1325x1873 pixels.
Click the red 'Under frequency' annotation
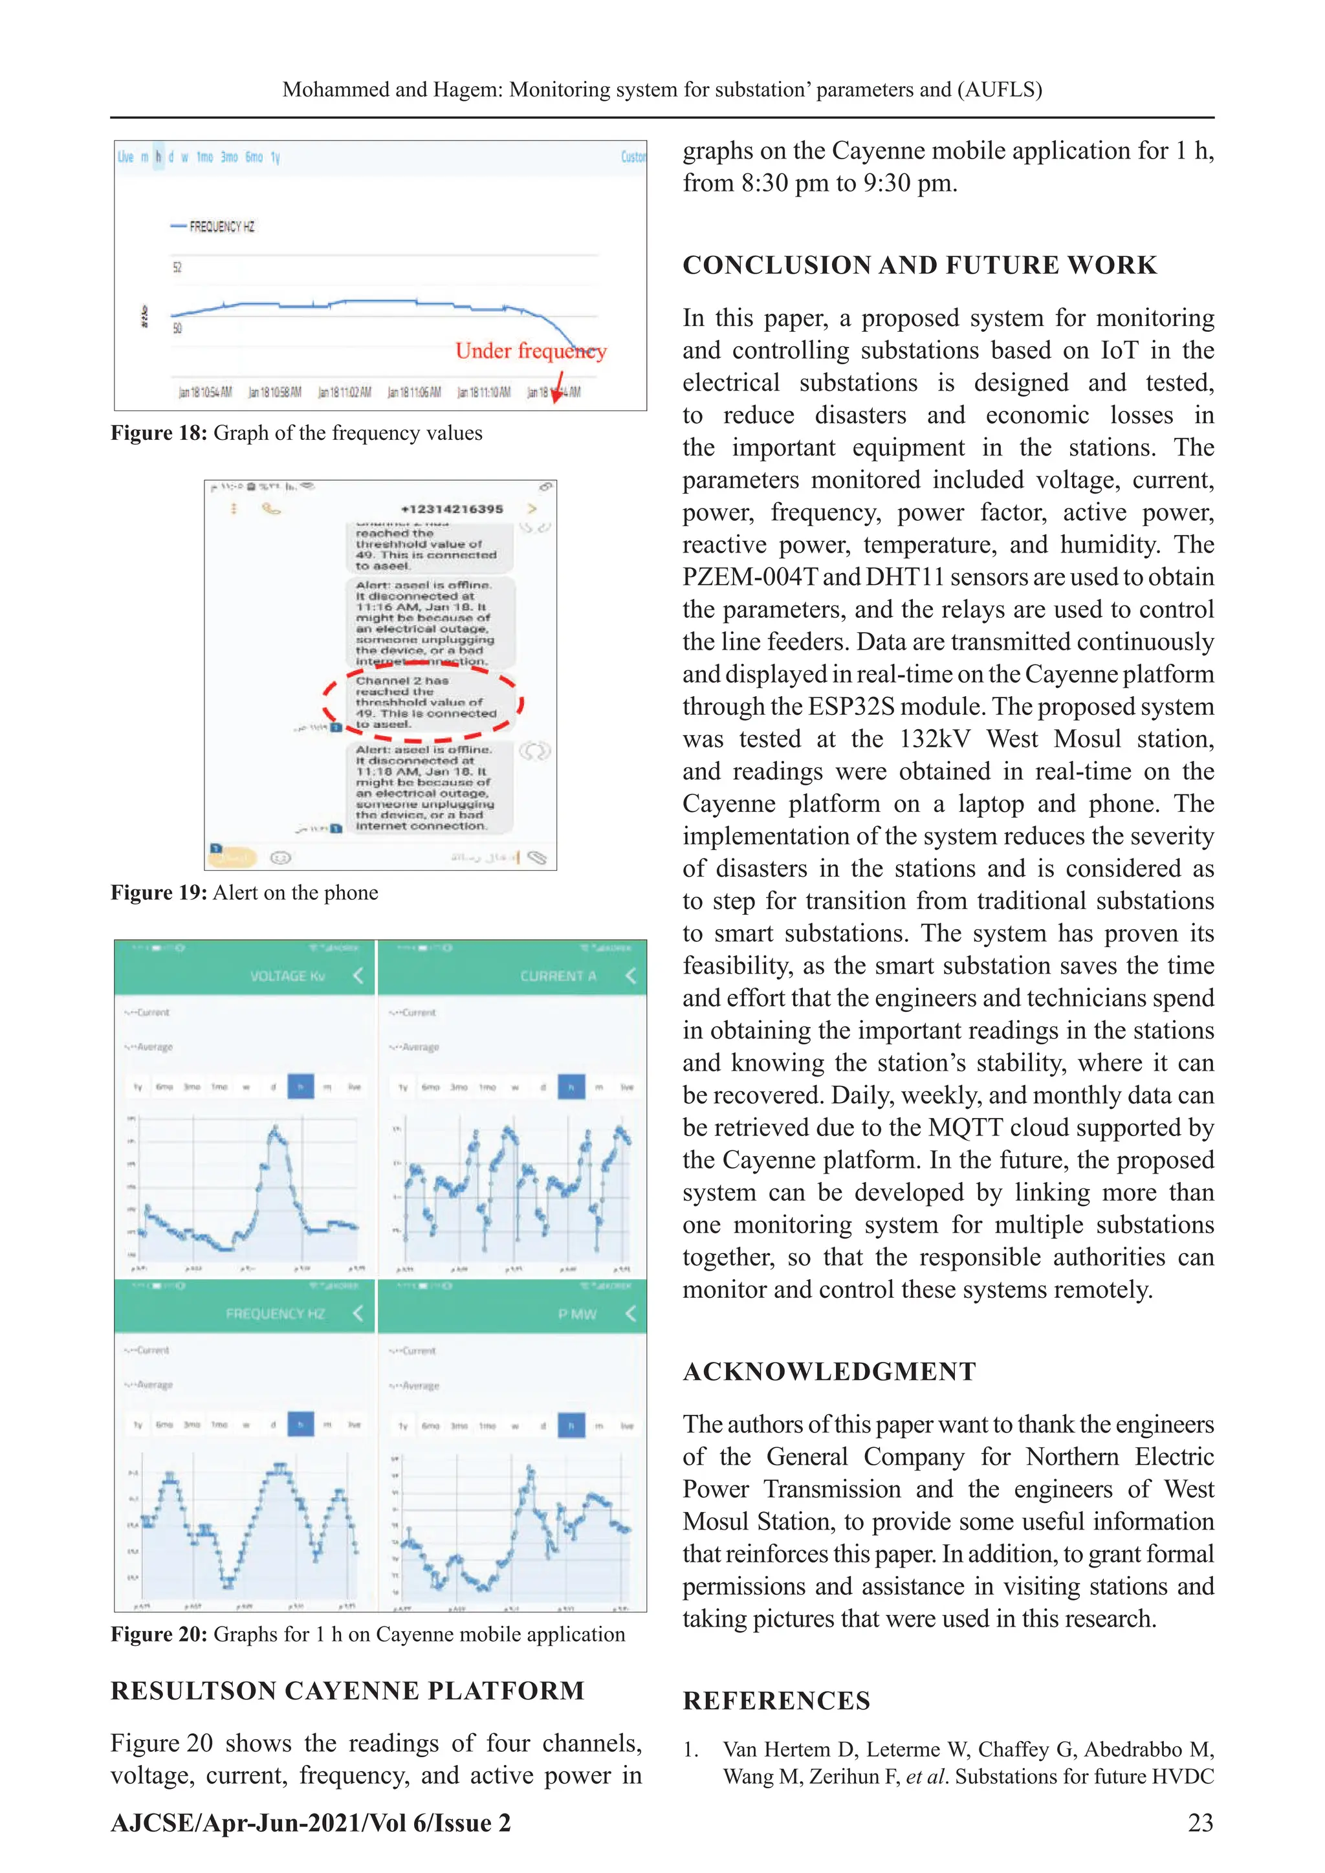(x=531, y=351)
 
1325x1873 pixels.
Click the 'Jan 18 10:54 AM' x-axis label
(x=205, y=392)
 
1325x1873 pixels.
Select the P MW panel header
(x=577, y=1314)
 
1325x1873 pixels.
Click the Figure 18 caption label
(x=159, y=433)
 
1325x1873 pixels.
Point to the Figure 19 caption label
(x=159, y=892)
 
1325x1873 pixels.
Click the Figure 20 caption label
(x=159, y=1634)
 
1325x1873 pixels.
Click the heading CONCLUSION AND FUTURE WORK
(x=919, y=265)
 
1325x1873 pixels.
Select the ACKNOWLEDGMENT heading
(x=829, y=1372)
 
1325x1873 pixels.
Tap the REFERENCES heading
(x=776, y=1701)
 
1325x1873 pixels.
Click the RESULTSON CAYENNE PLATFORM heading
(x=347, y=1691)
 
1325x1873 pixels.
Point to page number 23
(x=1200, y=1823)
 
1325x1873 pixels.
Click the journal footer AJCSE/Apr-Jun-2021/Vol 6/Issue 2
(x=310, y=1823)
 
